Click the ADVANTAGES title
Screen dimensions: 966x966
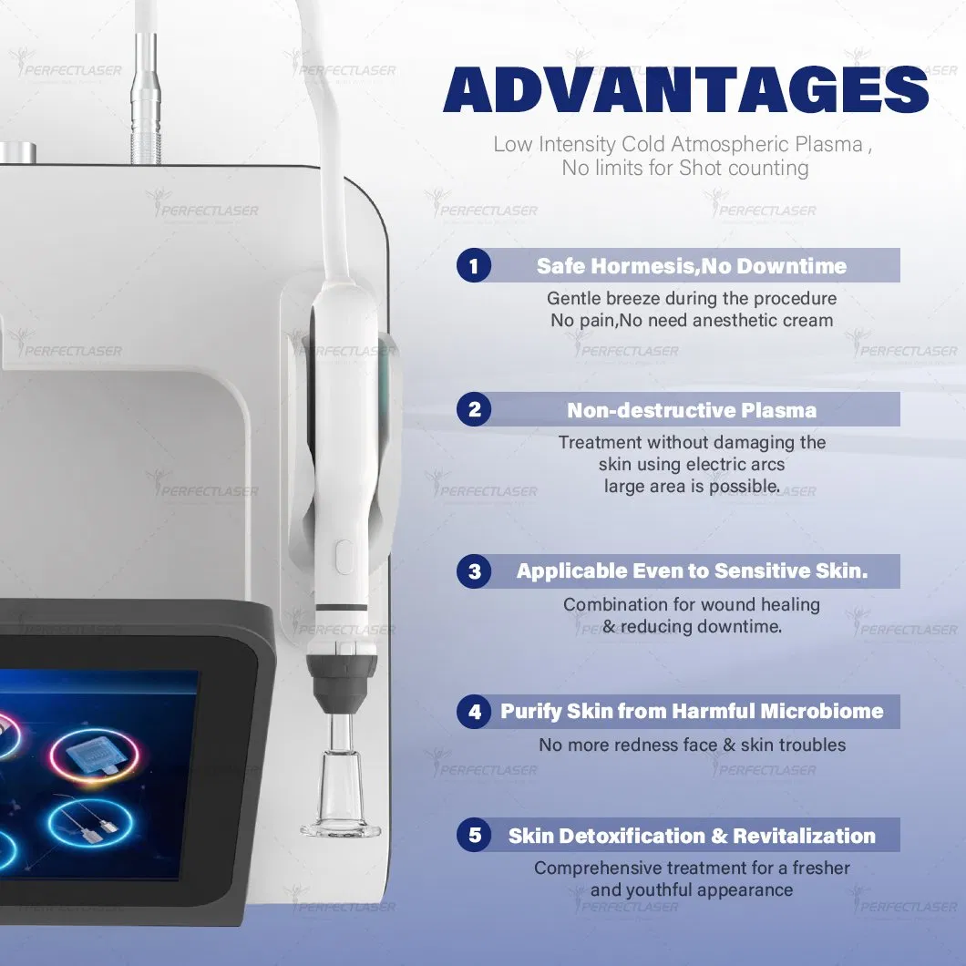[685, 89]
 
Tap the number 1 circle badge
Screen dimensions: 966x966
[474, 266]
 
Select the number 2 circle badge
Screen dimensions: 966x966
[474, 409]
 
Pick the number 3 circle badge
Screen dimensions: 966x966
[474, 571]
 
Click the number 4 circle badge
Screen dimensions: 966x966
[474, 712]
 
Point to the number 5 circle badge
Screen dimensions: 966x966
[474, 835]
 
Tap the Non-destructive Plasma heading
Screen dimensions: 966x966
[692, 410]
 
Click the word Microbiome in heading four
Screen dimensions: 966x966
[824, 712]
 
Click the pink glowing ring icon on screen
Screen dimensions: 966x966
[94, 754]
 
